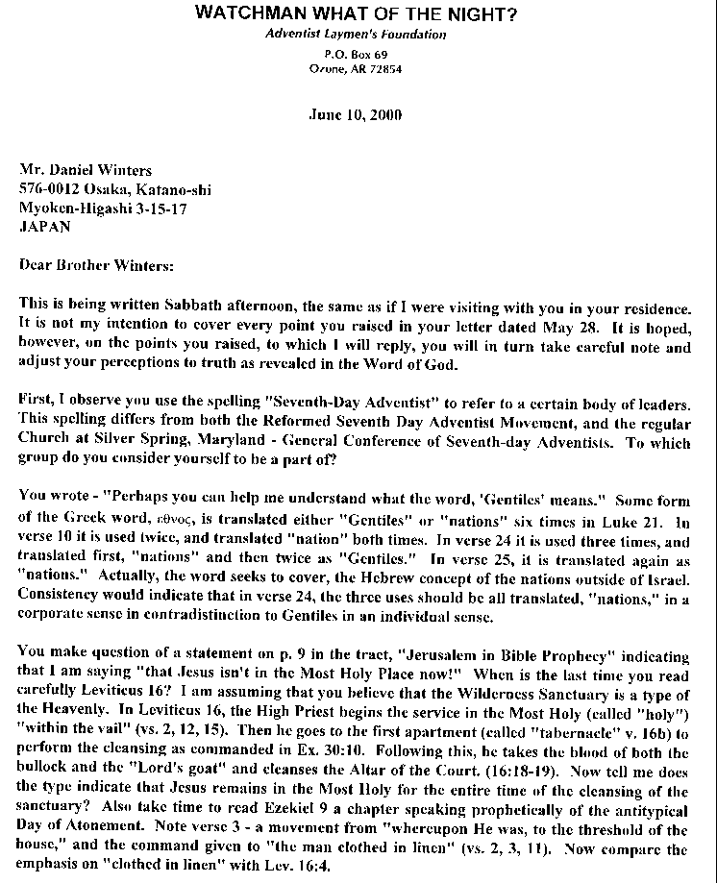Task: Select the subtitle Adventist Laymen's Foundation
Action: (x=356, y=35)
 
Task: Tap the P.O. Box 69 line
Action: (x=356, y=55)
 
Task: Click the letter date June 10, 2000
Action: (x=356, y=114)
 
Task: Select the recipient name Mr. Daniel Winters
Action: (x=81, y=169)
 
